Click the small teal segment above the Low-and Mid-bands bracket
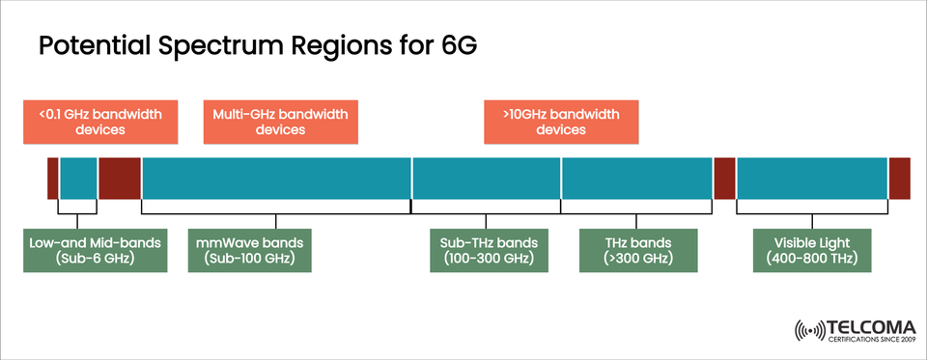pyautogui.click(x=78, y=179)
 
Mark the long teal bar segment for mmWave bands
pyautogui.click(x=276, y=179)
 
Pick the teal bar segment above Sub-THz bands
pyautogui.click(x=487, y=179)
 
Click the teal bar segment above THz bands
pyautogui.click(x=637, y=179)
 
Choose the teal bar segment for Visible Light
pyautogui.click(x=812, y=179)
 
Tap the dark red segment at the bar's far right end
pyautogui.click(x=900, y=179)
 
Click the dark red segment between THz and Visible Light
pyautogui.click(x=724, y=179)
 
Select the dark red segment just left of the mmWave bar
pyautogui.click(x=120, y=179)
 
